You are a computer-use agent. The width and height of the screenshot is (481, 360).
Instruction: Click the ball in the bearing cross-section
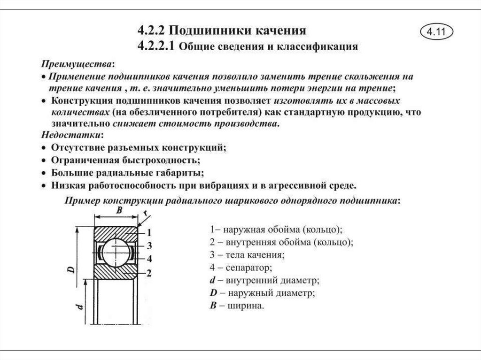point(116,253)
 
